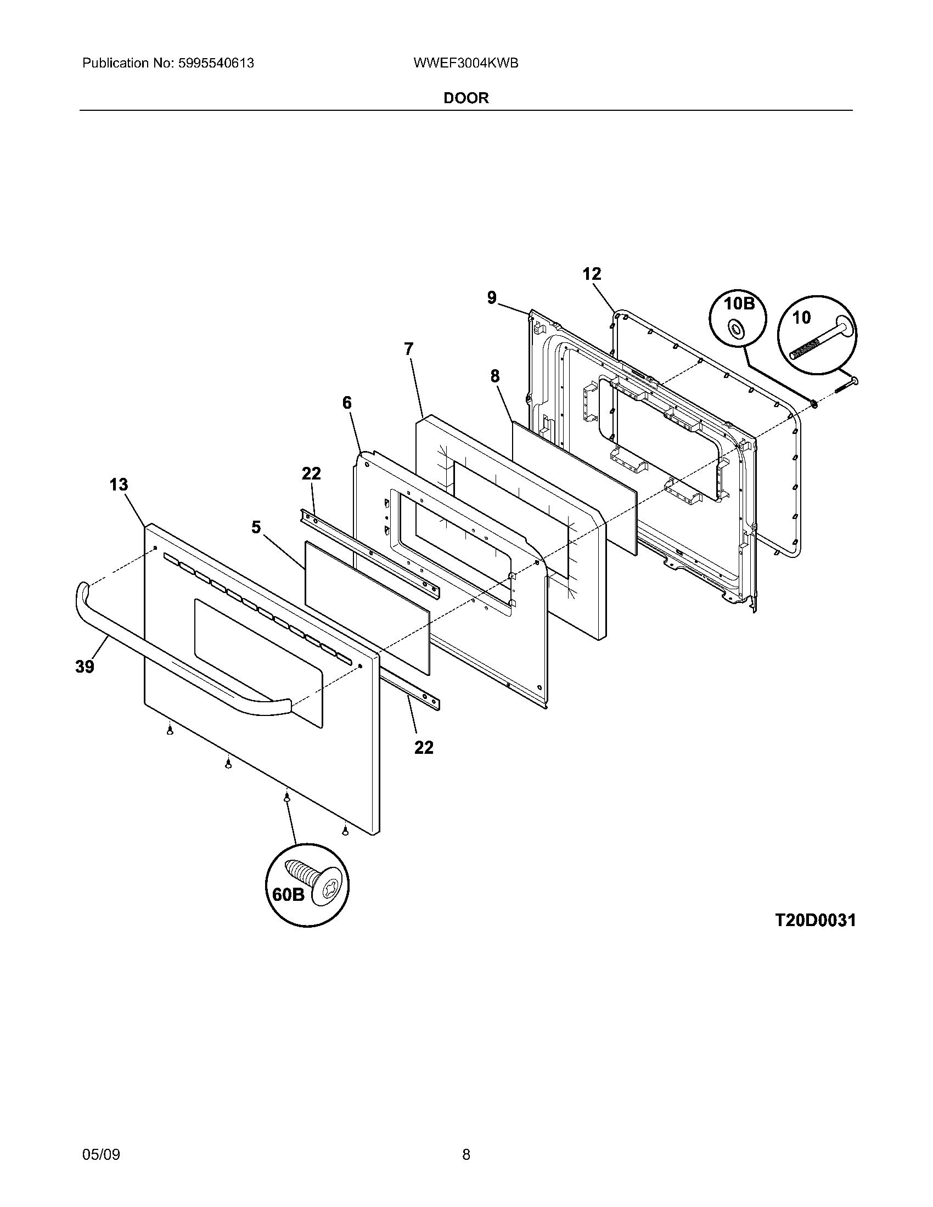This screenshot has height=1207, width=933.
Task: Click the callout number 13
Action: [x=119, y=484]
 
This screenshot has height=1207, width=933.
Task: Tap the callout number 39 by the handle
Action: [x=85, y=667]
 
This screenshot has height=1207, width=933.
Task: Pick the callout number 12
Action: [x=592, y=274]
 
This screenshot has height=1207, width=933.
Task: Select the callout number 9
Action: [x=492, y=298]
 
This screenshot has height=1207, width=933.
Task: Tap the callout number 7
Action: [x=408, y=349]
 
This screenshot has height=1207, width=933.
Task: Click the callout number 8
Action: [x=494, y=376]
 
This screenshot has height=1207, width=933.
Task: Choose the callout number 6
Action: [x=346, y=403]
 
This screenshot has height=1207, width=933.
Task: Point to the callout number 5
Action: [x=256, y=527]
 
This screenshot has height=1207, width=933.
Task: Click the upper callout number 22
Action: [x=311, y=473]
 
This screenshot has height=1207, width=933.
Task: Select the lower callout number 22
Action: [x=424, y=747]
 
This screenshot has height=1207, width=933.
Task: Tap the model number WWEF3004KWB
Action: [x=465, y=63]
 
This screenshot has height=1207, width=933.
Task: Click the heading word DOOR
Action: [x=466, y=98]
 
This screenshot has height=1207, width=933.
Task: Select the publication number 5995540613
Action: [x=216, y=63]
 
